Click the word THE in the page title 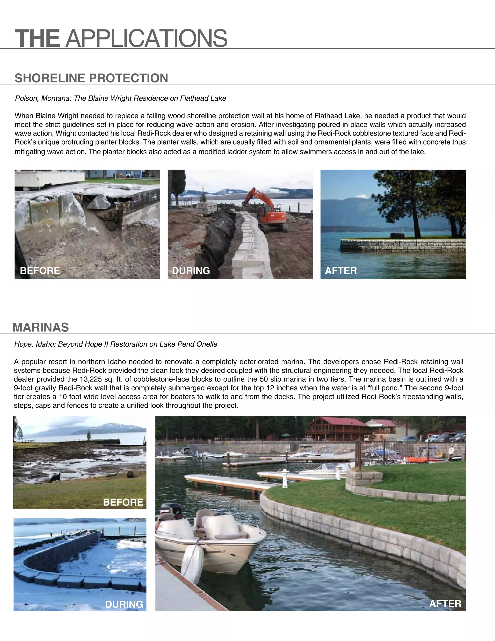pos(37,38)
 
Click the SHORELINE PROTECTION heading pos(91,78)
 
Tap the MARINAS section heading pos(41,327)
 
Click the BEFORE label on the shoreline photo pos(40,270)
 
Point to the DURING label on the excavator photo pos(191,270)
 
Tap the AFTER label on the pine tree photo pos(341,270)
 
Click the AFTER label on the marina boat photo pos(445,604)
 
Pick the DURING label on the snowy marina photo pos(124,604)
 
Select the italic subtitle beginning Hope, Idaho pos(116,344)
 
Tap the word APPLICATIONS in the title pos(146,38)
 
